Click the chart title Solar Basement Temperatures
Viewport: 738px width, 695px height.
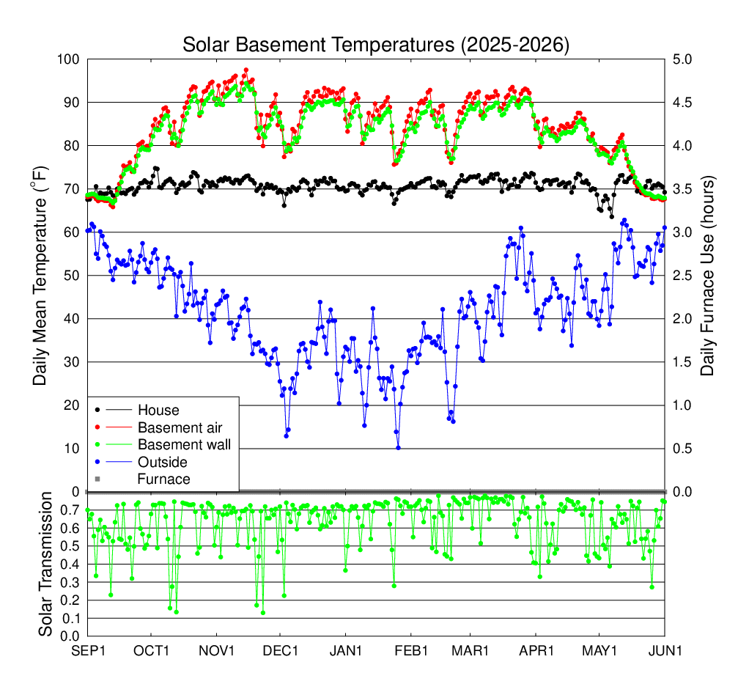(375, 45)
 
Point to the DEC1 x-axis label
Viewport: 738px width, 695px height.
(280, 651)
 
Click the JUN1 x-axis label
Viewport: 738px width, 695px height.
(665, 651)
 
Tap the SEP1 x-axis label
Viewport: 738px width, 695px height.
(88, 651)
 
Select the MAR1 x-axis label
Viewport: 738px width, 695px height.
(471, 651)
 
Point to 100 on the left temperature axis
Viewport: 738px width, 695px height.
(68, 59)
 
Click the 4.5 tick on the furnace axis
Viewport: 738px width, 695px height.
(682, 103)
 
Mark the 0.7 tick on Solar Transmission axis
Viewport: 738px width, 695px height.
(70, 510)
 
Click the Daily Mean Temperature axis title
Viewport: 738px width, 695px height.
(40, 276)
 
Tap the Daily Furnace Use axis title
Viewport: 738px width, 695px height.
(707, 276)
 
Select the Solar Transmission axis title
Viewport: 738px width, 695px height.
(45, 564)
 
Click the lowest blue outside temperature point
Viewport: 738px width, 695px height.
(398, 448)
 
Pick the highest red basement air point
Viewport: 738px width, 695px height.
(246, 70)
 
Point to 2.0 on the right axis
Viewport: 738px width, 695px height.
(682, 319)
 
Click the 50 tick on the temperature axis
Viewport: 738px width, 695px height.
(72, 276)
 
